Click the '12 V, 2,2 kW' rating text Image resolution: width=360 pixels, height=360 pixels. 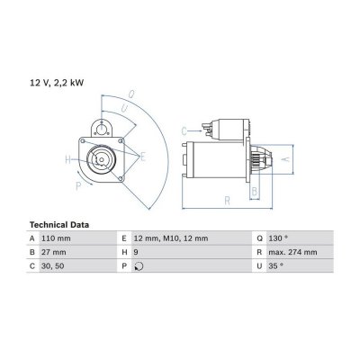pyautogui.click(x=57, y=83)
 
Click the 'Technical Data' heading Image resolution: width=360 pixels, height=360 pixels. pyautogui.click(x=59, y=225)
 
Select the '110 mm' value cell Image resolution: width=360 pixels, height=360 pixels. pyautogui.click(x=56, y=238)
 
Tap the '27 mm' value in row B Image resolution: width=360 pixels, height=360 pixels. pyautogui.click(x=54, y=252)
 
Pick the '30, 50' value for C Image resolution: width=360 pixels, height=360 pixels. pyautogui.click(x=53, y=266)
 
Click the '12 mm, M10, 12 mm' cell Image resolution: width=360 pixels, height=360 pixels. pyautogui.click(x=171, y=238)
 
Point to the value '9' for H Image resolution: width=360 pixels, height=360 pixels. pyautogui.click(x=136, y=252)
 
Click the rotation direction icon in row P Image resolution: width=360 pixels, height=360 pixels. pyautogui.click(x=139, y=266)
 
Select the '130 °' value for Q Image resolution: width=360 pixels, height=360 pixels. pyautogui.click(x=278, y=238)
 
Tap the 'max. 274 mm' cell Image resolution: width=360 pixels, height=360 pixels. pyautogui.click(x=292, y=252)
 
